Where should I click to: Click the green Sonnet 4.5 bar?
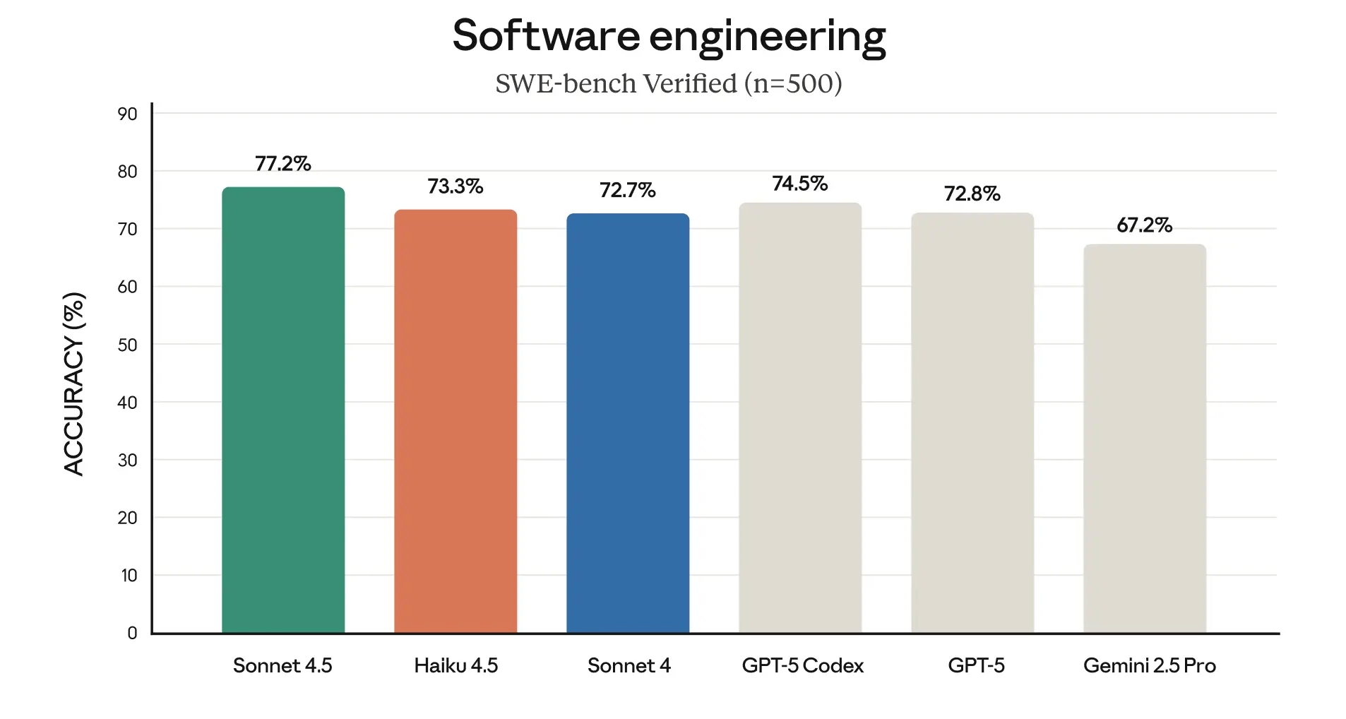point(283,410)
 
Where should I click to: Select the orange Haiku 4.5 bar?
point(455,421)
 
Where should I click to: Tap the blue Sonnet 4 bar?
point(628,423)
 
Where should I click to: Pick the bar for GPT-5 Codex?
point(800,417)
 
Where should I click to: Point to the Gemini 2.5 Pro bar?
point(1145,439)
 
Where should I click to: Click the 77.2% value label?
point(283,164)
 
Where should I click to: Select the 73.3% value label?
point(455,186)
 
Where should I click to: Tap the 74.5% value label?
point(800,184)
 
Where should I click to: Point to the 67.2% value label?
point(1145,225)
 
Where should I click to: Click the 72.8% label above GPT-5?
point(972,194)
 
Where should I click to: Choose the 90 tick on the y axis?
point(128,114)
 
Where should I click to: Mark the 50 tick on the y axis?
point(128,345)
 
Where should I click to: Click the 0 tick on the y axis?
point(132,633)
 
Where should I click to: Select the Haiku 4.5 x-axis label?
point(455,665)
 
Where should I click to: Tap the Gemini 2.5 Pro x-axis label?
point(1150,665)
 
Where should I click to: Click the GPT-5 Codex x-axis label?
point(803,665)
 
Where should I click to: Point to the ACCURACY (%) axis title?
point(74,384)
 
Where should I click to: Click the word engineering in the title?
point(768,37)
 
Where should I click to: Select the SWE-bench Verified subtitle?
point(669,83)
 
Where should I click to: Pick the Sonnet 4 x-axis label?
point(629,665)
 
